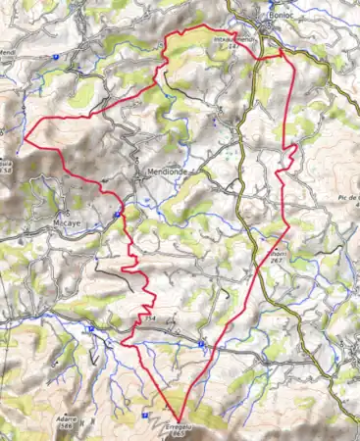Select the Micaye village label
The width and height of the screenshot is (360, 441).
(73, 222)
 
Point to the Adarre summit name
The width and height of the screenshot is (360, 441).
(62, 416)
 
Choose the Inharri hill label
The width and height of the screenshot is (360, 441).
(277, 252)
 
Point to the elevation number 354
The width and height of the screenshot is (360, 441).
(148, 318)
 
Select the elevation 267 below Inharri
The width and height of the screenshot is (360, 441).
(278, 261)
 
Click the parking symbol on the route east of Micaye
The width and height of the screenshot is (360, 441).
(117, 214)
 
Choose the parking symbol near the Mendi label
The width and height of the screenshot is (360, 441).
(58, 58)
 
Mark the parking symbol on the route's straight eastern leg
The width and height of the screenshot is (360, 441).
(201, 344)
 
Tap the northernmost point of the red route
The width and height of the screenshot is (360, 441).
(203, 24)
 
